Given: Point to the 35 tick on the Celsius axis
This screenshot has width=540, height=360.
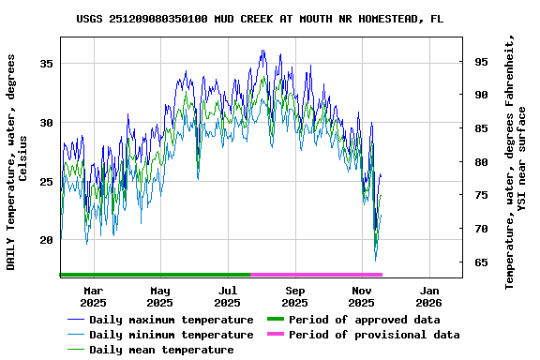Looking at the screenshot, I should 46,63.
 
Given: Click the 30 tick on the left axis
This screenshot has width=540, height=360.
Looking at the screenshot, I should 46,123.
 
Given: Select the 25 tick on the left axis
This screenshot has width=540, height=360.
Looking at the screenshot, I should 46,182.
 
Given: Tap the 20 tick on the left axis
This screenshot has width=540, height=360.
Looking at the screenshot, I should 46,240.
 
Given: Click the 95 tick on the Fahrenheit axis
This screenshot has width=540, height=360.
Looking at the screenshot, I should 480,62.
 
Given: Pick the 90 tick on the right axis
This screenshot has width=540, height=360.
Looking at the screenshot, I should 480,95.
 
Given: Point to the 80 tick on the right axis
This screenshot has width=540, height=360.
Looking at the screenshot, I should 480,162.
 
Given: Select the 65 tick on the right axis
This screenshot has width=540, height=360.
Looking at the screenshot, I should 480,262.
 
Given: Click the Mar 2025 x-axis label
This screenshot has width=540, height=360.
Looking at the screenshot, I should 93,296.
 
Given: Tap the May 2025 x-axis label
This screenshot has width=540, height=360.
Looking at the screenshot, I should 160,296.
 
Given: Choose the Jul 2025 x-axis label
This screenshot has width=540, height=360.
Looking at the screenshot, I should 228,296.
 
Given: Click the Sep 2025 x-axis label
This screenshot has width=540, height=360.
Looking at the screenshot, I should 295,296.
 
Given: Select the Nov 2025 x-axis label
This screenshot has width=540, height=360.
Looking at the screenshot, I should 362,296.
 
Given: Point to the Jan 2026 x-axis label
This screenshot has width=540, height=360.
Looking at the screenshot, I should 428,296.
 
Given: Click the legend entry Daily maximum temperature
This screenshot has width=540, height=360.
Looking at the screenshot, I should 171,320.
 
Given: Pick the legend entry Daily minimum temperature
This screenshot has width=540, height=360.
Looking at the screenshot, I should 171,335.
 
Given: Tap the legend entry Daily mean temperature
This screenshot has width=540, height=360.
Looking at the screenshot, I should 161,350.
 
